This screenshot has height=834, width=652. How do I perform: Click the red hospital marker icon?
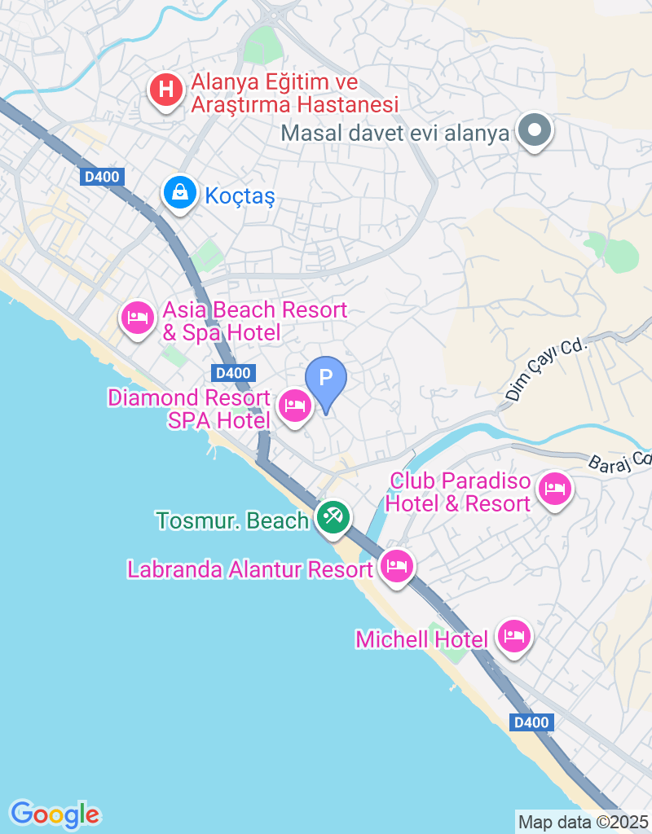(x=166, y=90)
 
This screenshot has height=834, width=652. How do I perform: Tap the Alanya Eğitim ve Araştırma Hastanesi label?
(x=294, y=94)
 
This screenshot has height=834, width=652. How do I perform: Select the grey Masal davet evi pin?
(x=535, y=130)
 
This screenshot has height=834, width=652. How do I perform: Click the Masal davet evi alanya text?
(x=395, y=134)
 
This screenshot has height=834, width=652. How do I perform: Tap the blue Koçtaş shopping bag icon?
(x=178, y=193)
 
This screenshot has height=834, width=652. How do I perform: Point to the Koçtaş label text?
(x=240, y=196)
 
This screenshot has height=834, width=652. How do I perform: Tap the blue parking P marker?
(x=325, y=380)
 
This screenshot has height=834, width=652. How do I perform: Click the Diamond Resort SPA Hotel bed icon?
(x=294, y=405)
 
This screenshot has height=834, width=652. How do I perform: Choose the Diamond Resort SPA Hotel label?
(x=189, y=409)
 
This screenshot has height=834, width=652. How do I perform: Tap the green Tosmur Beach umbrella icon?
(x=332, y=516)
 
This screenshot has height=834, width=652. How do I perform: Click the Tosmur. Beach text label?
(x=232, y=520)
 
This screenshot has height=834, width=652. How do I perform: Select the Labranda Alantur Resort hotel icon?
(x=397, y=565)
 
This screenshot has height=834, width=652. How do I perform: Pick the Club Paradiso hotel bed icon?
(x=555, y=489)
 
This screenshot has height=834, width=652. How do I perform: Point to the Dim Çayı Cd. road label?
(x=545, y=371)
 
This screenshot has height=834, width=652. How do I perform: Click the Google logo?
(x=55, y=814)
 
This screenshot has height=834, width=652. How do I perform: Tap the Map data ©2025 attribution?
(x=584, y=822)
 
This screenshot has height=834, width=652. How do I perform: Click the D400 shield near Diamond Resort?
(x=233, y=373)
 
